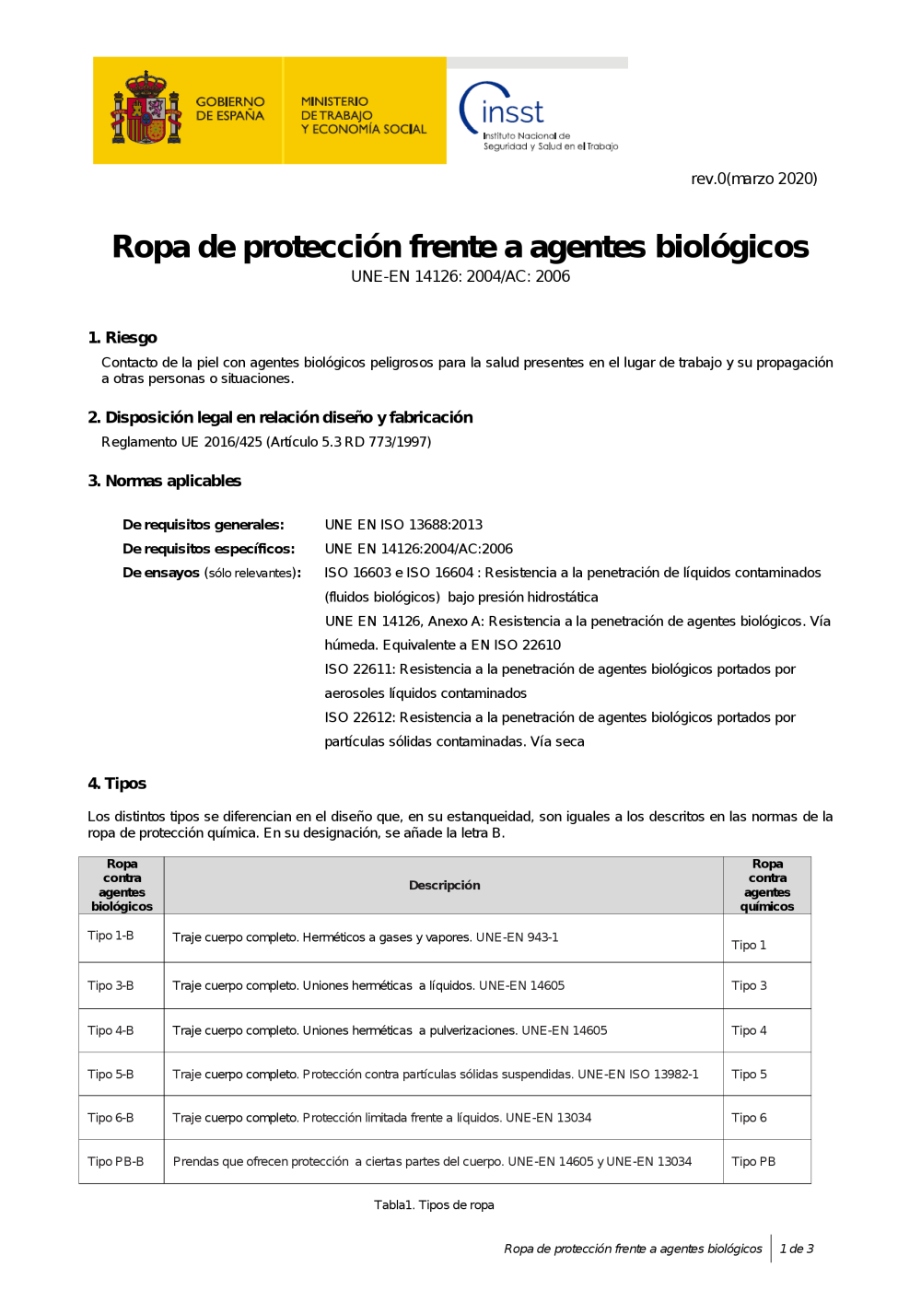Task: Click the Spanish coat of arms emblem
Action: (145, 110)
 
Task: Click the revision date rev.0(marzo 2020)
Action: (753, 179)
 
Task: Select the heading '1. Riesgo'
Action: (122, 338)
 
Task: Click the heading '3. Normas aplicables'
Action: (164, 481)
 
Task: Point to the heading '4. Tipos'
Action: (117, 784)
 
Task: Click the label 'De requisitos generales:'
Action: (204, 525)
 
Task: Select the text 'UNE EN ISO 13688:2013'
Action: (403, 525)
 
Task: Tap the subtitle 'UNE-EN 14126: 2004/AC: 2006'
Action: (460, 276)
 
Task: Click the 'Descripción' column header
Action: (444, 885)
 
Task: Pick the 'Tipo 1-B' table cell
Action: (111, 936)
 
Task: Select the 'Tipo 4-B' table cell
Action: (111, 1030)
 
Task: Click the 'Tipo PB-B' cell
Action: (115, 1161)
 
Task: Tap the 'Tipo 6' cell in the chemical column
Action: (749, 1118)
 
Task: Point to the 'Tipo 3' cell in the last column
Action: (749, 985)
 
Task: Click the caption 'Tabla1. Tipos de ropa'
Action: (434, 1204)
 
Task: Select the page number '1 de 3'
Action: (796, 1249)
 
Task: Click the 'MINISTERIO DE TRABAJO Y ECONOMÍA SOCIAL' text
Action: (363, 115)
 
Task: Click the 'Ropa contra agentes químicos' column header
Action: (767, 885)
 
